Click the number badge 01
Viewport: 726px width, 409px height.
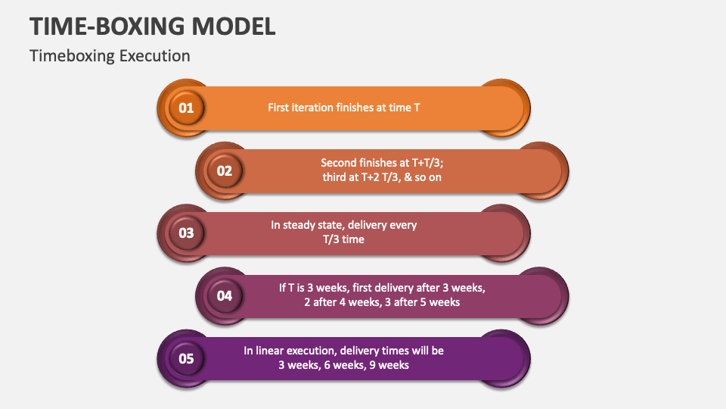tap(186, 108)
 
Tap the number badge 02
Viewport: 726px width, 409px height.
tap(225, 170)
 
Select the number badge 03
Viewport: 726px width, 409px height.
tap(186, 233)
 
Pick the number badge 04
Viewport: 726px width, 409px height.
tap(225, 295)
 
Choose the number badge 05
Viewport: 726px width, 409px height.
tap(186, 358)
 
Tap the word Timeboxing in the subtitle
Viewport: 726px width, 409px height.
tap(72, 56)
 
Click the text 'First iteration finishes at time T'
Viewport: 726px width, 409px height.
tap(344, 108)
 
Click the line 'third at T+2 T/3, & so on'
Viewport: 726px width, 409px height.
tap(382, 177)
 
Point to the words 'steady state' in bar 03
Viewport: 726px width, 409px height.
tap(318, 225)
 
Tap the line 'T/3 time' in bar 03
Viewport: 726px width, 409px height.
tap(343, 239)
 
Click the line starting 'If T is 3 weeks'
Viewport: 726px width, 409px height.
tap(382, 288)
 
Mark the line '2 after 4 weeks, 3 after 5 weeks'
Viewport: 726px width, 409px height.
tap(382, 302)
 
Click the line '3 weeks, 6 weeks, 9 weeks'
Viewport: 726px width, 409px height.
tap(343, 365)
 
